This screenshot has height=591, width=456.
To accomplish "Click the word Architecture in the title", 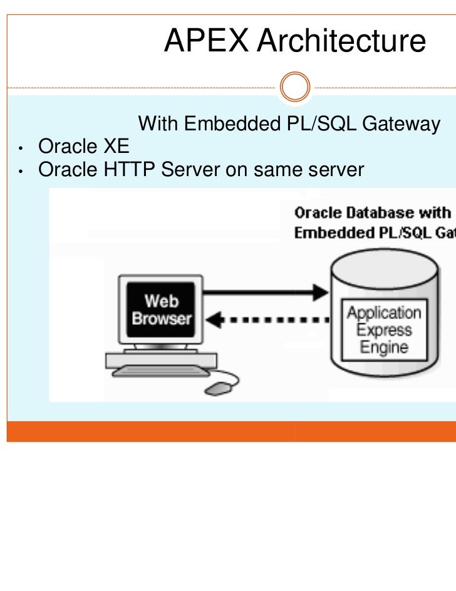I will point(341,41).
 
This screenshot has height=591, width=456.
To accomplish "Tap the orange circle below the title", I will point(295,88).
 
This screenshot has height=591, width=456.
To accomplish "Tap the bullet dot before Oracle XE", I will point(21,149).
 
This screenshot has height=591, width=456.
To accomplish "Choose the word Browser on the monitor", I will point(161,318).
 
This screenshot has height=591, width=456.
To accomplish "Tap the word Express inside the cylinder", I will point(385,330).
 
